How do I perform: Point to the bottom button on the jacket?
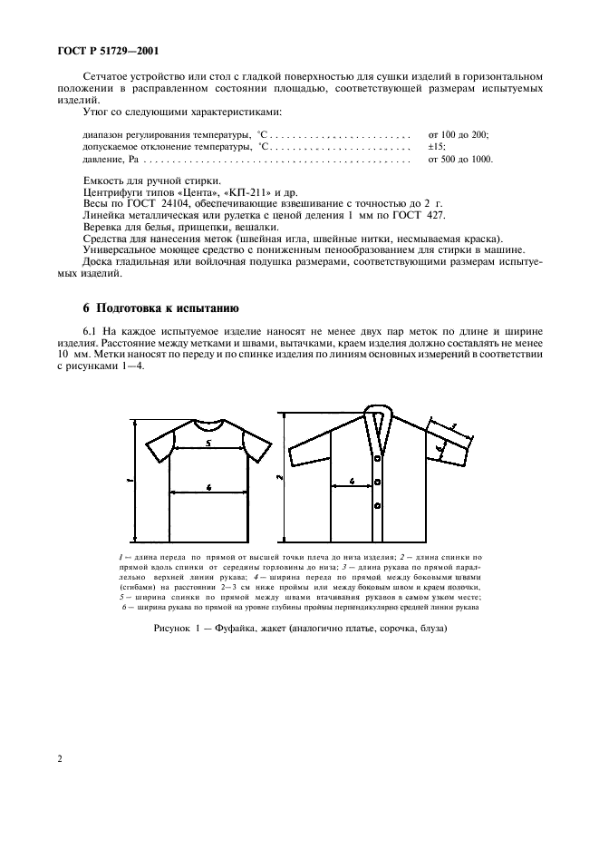point(377,504)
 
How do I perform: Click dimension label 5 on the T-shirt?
point(208,444)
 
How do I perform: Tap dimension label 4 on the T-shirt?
point(208,487)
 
